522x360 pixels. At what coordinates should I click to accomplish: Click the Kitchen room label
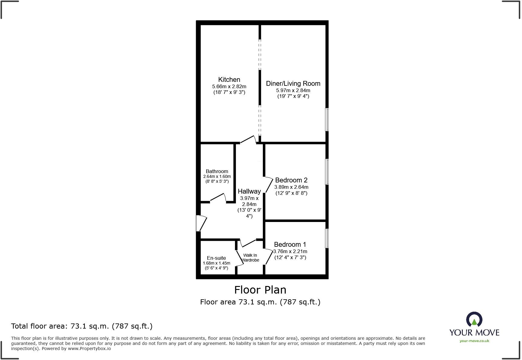pyautogui.click(x=229, y=80)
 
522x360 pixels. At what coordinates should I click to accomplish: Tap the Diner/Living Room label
pyautogui.click(x=293, y=84)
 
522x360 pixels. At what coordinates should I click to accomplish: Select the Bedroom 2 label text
pyautogui.click(x=291, y=180)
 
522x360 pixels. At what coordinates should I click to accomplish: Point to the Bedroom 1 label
pyautogui.click(x=290, y=245)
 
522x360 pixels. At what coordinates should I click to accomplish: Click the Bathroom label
pyautogui.click(x=217, y=171)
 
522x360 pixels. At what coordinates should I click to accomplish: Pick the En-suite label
pyautogui.click(x=216, y=258)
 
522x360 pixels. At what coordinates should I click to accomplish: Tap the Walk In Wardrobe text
pyautogui.click(x=250, y=258)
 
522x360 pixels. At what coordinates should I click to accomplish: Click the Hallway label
pyautogui.click(x=249, y=191)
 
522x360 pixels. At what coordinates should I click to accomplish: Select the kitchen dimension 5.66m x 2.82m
pyautogui.click(x=229, y=87)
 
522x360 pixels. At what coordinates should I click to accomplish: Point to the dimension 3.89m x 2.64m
pyautogui.click(x=291, y=187)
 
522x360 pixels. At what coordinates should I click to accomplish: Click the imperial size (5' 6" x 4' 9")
pyautogui.click(x=216, y=268)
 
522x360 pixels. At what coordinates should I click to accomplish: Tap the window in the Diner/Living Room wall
pyautogui.click(x=327, y=120)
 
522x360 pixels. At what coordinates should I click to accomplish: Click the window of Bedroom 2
pyautogui.click(x=327, y=172)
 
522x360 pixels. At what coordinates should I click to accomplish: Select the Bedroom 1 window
pyautogui.click(x=327, y=239)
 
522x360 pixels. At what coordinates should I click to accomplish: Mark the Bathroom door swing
pyautogui.click(x=218, y=197)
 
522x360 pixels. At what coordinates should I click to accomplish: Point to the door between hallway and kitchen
pyautogui.click(x=248, y=139)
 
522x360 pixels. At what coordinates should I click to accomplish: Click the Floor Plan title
pyautogui.click(x=260, y=290)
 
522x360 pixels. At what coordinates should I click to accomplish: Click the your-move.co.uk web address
pyautogui.click(x=474, y=341)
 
